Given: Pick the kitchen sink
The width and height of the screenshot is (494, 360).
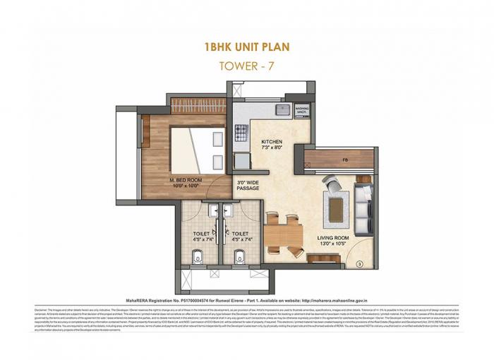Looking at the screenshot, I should tap(282, 109).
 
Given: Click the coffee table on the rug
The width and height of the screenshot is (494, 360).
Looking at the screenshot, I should tap(335, 208).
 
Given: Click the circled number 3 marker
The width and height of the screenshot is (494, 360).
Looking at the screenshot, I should tap(359, 264).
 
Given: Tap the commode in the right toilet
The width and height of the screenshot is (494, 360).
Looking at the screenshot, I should tap(240, 253).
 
